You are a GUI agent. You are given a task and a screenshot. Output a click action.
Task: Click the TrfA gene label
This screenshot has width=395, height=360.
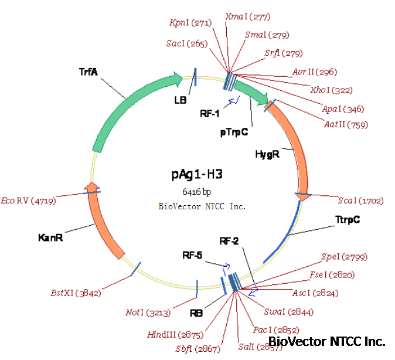[x=88, y=72]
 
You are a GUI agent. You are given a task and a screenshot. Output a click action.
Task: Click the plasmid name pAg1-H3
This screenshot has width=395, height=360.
[x=197, y=174]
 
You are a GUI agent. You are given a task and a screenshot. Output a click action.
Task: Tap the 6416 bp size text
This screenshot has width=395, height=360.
[x=196, y=192]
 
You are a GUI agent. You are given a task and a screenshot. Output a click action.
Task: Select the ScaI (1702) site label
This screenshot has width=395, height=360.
[x=360, y=201]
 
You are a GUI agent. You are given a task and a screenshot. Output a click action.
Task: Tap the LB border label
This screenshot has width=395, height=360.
[x=180, y=100]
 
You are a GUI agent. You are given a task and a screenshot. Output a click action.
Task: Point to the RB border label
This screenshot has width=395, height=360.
[x=196, y=313]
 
